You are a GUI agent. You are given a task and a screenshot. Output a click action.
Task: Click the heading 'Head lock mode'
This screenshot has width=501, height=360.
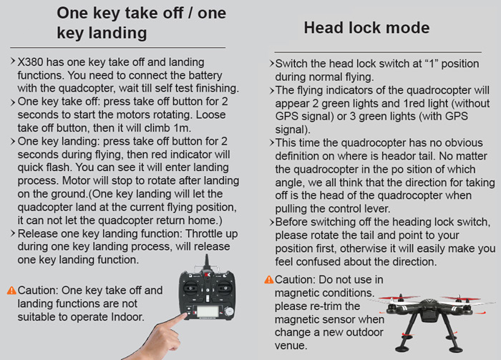(366, 27)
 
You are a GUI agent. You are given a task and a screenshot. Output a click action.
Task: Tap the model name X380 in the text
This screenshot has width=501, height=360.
(30, 62)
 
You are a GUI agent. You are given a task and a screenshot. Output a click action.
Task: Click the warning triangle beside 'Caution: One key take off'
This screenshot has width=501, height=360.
(11, 291)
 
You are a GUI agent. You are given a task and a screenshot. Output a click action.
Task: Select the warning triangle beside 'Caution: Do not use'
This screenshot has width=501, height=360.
(269, 280)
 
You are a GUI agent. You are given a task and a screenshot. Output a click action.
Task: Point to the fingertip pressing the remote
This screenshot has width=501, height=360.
(185, 316)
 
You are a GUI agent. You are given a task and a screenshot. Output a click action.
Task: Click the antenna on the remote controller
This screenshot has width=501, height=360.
(207, 263)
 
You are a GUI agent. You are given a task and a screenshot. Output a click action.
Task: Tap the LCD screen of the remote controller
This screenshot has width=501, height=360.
(208, 311)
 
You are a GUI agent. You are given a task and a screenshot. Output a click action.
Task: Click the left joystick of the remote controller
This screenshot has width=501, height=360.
(190, 288)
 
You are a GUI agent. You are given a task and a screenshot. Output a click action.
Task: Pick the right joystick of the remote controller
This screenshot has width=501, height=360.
(225, 288)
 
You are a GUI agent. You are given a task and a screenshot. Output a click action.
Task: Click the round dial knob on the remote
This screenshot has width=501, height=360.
(228, 311)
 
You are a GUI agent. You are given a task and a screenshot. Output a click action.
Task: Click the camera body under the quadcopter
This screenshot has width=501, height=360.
(429, 315)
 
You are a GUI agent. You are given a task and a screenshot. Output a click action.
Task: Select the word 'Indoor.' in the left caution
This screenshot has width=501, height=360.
(128, 317)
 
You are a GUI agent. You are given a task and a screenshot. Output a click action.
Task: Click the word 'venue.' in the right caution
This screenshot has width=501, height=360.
(291, 345)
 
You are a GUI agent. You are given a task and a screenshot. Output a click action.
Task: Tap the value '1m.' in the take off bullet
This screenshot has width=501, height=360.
(182, 128)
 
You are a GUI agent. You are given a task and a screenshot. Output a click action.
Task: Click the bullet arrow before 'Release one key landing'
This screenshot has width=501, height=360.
(13, 233)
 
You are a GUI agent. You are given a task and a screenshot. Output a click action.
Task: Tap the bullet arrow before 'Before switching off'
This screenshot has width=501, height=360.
(271, 222)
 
